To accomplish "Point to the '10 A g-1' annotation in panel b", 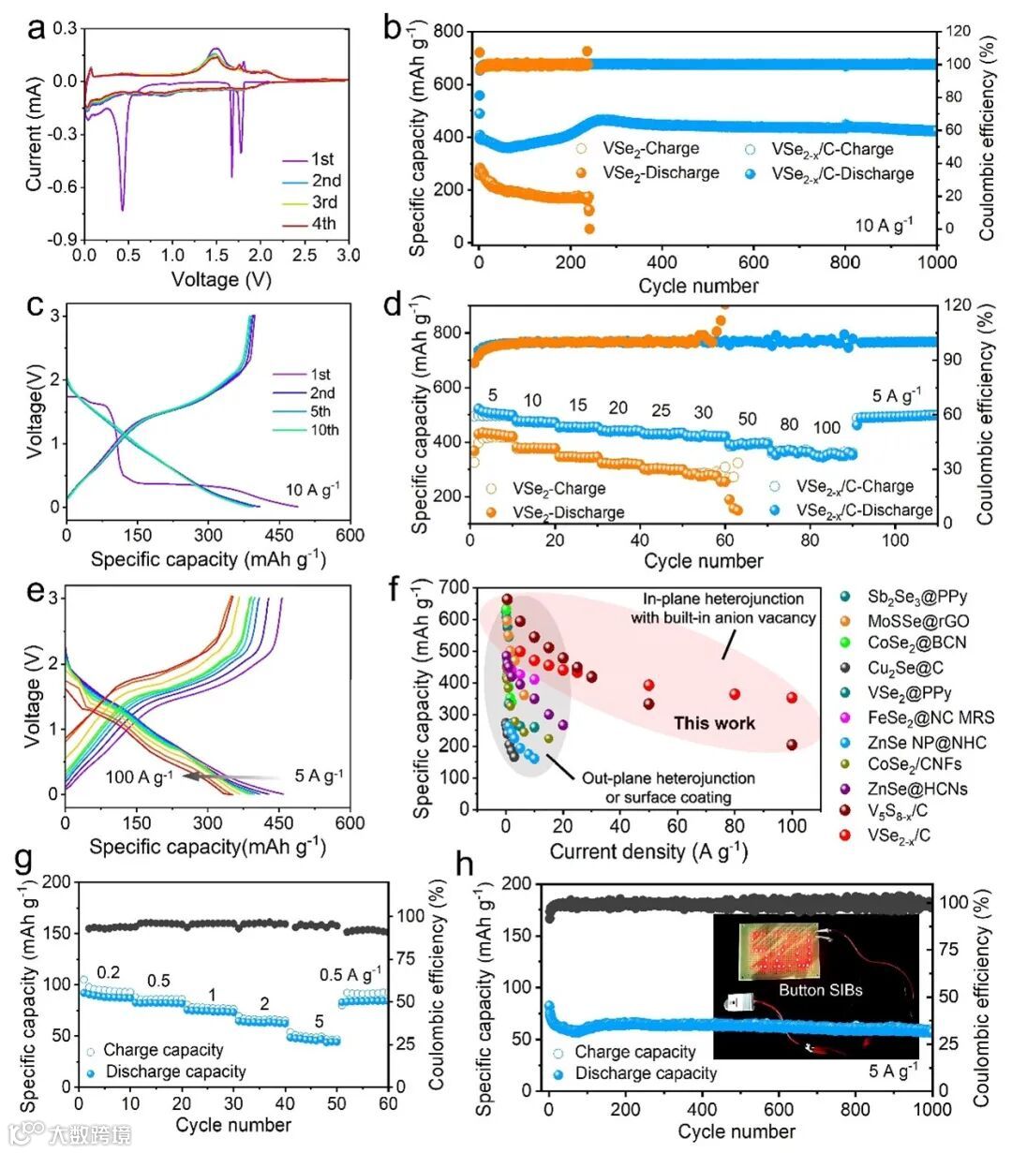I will [883, 225].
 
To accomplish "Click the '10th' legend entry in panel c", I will [323, 430].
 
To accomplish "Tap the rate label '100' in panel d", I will [826, 428].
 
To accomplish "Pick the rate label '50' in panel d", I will [747, 420].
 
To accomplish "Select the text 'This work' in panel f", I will [714, 722].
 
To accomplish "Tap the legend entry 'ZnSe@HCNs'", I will [916, 790].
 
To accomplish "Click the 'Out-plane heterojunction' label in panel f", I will [668, 778].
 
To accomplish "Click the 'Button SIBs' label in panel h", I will [820, 989].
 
